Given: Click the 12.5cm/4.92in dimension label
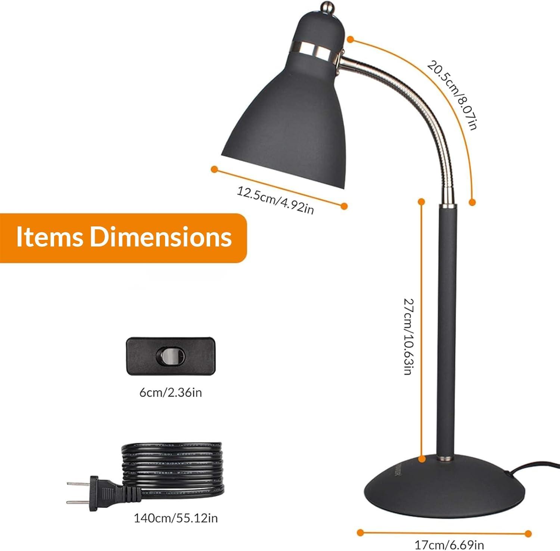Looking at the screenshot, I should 276,201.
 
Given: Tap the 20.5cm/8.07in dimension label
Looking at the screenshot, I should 452,95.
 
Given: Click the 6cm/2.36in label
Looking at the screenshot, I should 171,393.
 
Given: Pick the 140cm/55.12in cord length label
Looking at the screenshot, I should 176,518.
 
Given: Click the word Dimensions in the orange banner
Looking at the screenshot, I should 161,237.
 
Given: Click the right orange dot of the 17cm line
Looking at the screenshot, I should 528,533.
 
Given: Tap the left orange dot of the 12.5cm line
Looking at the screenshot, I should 214,169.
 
